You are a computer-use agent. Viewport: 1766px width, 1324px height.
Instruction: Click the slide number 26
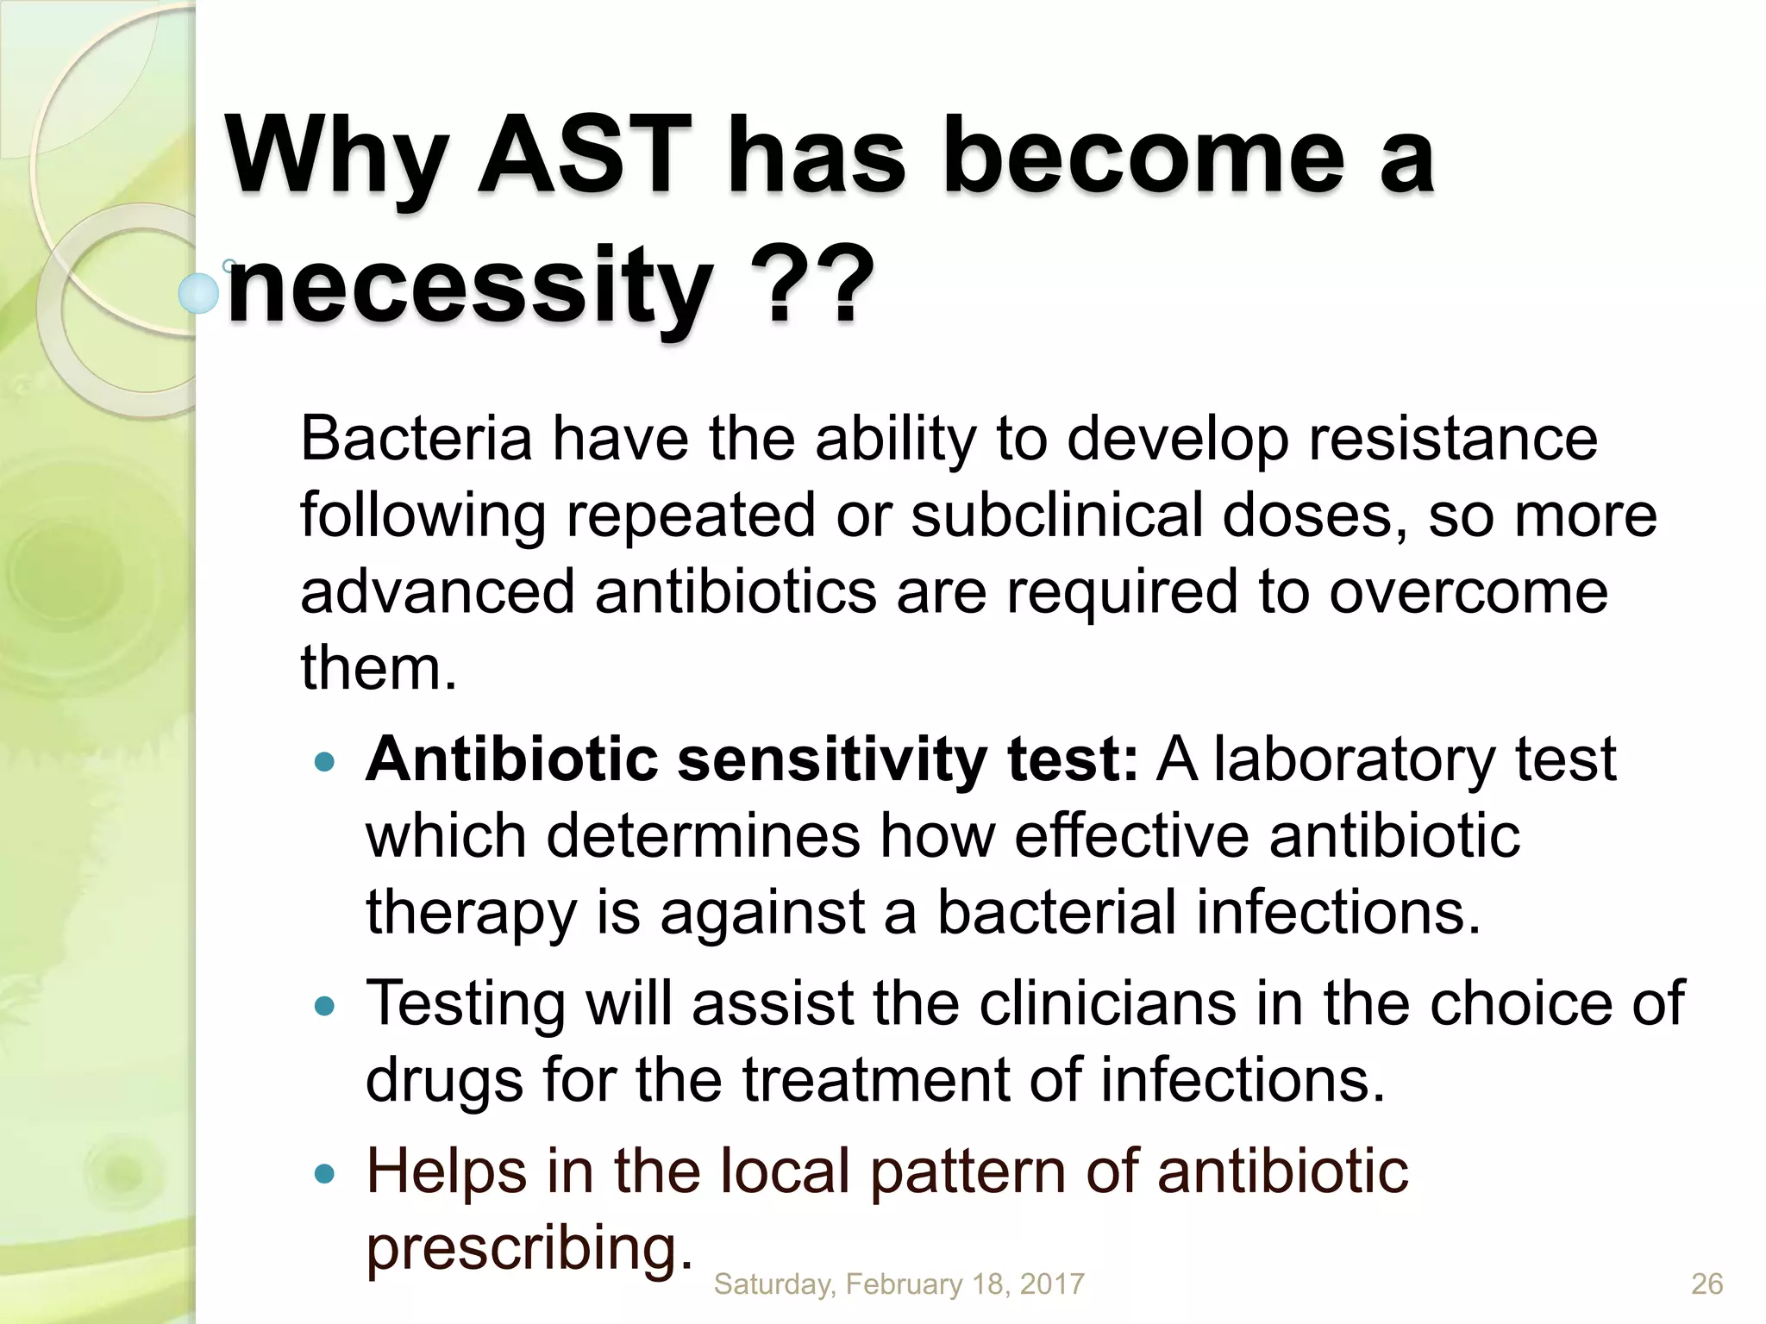pyautogui.click(x=1707, y=1283)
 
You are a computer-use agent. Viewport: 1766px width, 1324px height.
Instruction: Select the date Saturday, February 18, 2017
pyautogui.click(x=899, y=1283)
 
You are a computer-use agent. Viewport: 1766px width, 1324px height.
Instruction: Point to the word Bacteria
pyautogui.click(x=416, y=439)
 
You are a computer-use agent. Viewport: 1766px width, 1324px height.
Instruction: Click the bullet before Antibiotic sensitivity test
pyautogui.click(x=324, y=762)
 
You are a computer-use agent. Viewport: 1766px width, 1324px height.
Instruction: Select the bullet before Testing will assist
pyautogui.click(x=324, y=1006)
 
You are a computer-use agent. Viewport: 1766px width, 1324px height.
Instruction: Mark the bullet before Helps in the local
pyautogui.click(x=324, y=1173)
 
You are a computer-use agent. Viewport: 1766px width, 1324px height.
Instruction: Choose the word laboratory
pyautogui.click(x=1354, y=759)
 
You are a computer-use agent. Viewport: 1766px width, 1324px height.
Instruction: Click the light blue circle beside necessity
pyautogui.click(x=199, y=293)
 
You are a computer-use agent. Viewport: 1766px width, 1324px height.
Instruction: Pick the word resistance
pyautogui.click(x=1452, y=439)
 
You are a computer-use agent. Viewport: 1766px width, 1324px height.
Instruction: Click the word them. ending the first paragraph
pyautogui.click(x=378, y=668)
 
